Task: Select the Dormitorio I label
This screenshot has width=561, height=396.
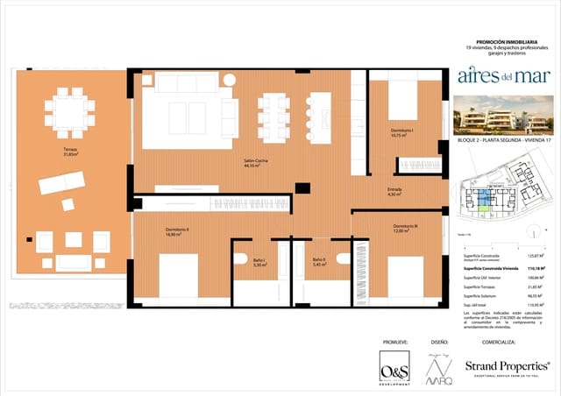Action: pyautogui.click(x=402, y=133)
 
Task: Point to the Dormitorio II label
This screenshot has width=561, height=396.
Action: pyautogui.click(x=177, y=232)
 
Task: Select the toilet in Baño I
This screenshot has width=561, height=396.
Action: pyautogui.click(x=241, y=259)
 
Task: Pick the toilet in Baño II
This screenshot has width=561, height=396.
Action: pyautogui.click(x=343, y=259)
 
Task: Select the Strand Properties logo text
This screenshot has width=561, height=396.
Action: pyautogui.click(x=507, y=364)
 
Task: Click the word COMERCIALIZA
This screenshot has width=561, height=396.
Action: pyautogui.click(x=502, y=342)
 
